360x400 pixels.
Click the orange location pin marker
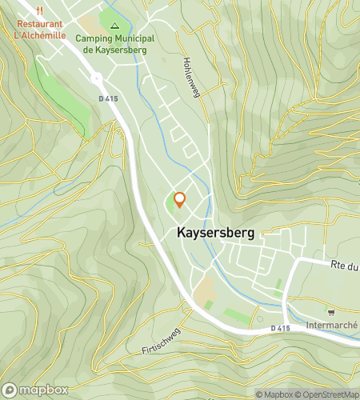click(179, 200)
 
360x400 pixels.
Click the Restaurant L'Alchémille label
click(40, 30)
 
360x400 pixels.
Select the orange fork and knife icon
click(40, 11)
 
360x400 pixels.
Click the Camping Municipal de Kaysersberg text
click(115, 43)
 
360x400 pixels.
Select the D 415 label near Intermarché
click(279, 328)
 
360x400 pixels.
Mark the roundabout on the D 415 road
click(97, 78)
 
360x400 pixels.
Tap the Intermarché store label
click(331, 326)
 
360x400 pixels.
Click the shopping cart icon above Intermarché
click(331, 312)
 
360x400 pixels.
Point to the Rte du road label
click(345, 264)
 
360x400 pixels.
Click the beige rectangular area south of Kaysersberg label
click(205, 285)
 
